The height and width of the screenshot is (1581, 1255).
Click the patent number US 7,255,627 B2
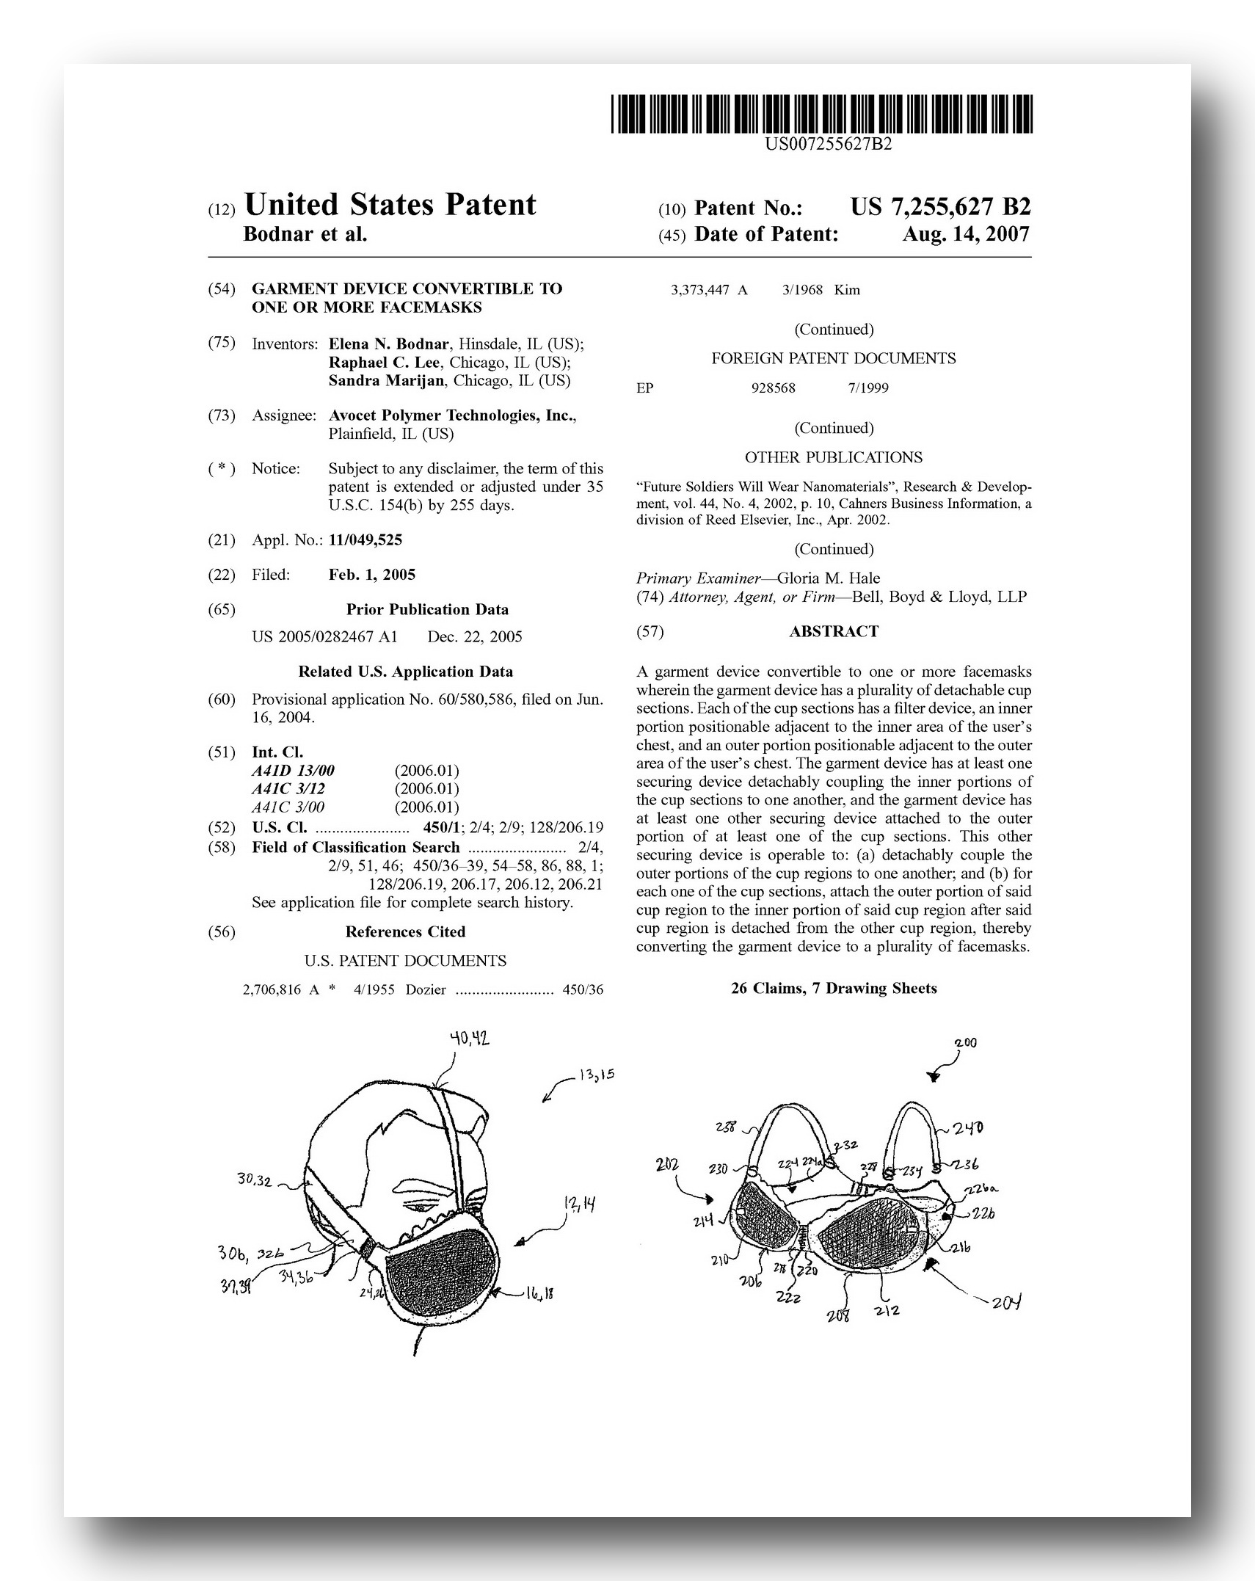pyautogui.click(x=940, y=208)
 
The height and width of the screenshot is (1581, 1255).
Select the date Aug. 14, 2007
pyautogui.click(x=966, y=234)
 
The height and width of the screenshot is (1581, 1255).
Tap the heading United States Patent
pyautogui.click(x=390, y=206)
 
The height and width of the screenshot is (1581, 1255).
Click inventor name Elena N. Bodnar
pyautogui.click(x=388, y=344)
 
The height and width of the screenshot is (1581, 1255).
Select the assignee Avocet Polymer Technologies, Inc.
pyautogui.click(x=451, y=415)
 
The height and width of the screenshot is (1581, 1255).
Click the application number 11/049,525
pyautogui.click(x=365, y=540)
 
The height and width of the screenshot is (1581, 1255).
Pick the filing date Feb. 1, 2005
pyautogui.click(x=371, y=575)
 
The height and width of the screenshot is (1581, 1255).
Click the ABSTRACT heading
pyautogui.click(x=833, y=631)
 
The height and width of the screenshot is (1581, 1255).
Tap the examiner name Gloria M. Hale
pyautogui.click(x=828, y=578)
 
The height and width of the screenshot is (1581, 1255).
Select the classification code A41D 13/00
pyautogui.click(x=293, y=770)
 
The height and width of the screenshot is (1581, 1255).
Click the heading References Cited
pyautogui.click(x=405, y=931)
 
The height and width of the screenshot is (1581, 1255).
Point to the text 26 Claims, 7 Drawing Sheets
pyautogui.click(x=833, y=988)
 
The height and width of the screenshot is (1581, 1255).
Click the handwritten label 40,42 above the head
pyautogui.click(x=470, y=1039)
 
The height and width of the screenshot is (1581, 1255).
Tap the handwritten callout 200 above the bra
pyautogui.click(x=965, y=1043)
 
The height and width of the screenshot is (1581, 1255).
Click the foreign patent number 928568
pyautogui.click(x=773, y=388)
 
